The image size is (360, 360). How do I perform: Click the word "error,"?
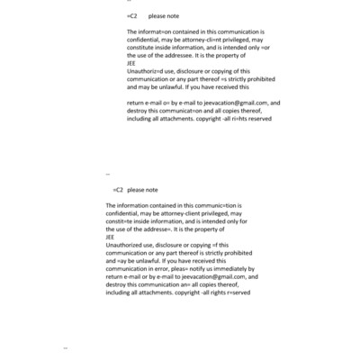coord(170,268)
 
